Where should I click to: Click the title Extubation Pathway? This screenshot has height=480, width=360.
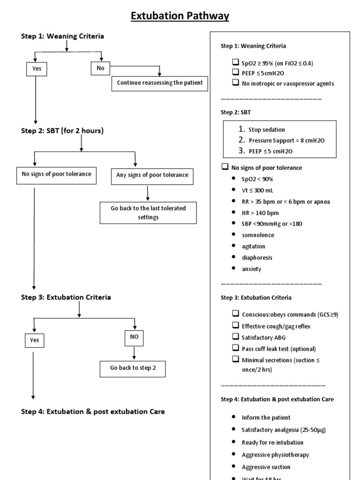click(x=180, y=16)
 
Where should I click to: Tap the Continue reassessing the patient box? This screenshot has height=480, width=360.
click(x=159, y=83)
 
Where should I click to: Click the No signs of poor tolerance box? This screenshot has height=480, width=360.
click(x=57, y=174)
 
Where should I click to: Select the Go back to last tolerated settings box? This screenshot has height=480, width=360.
click(x=148, y=213)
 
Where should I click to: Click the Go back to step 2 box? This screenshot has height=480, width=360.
click(x=133, y=368)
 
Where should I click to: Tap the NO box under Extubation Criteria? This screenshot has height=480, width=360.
click(x=135, y=337)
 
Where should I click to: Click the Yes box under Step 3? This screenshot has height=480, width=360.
click(x=34, y=340)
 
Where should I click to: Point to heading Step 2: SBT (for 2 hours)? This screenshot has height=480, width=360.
click(x=62, y=131)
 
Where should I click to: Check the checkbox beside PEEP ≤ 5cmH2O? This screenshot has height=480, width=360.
click(x=235, y=73)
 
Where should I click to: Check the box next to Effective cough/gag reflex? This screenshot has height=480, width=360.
click(x=235, y=326)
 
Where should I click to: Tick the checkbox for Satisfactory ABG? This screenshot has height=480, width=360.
click(x=235, y=337)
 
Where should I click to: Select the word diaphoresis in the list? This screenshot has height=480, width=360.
click(x=257, y=257)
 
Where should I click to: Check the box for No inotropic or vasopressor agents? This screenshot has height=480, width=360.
click(x=235, y=83)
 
